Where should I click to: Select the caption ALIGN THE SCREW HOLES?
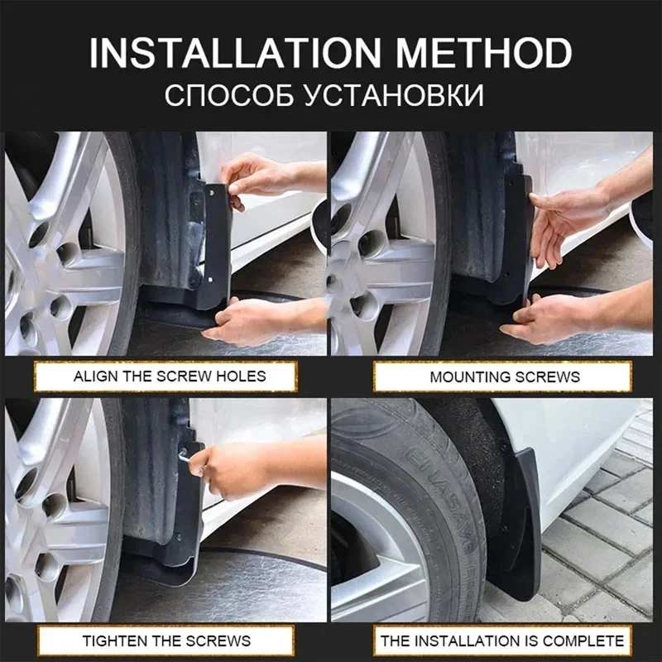point(170,376)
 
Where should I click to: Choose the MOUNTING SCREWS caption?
point(505,377)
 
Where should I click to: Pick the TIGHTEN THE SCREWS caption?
point(166,640)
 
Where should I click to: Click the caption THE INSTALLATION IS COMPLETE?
point(501,640)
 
